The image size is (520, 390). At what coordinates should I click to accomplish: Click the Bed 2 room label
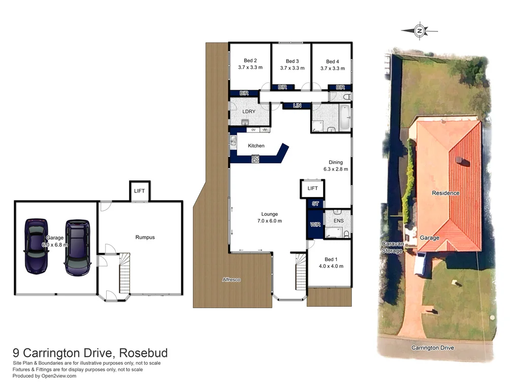click(x=249, y=61)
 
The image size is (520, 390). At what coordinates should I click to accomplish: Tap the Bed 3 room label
click(x=292, y=61)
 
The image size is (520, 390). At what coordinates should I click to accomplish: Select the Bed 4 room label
click(x=333, y=61)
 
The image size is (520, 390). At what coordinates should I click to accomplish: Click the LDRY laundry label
click(x=249, y=111)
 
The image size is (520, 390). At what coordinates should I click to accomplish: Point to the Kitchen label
click(x=256, y=146)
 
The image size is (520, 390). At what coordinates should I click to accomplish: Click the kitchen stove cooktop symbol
click(x=255, y=159)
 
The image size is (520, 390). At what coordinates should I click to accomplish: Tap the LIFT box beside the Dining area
click(x=312, y=188)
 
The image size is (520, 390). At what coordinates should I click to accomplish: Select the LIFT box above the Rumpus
click(x=139, y=191)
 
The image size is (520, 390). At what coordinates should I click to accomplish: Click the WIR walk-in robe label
click(x=315, y=224)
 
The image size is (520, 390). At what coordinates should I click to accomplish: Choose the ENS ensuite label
click(x=338, y=221)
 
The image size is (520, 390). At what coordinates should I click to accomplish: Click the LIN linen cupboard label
click(x=298, y=106)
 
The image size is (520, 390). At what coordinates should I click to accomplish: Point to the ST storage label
click(x=315, y=204)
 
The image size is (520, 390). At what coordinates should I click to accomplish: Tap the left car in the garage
click(x=36, y=245)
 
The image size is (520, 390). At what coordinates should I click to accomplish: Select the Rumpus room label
click(x=145, y=237)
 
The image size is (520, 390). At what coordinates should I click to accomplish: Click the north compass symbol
click(x=419, y=31)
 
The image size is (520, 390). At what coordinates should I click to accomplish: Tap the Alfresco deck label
click(x=231, y=280)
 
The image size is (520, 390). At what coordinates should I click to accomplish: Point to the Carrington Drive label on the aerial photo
click(x=432, y=348)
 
